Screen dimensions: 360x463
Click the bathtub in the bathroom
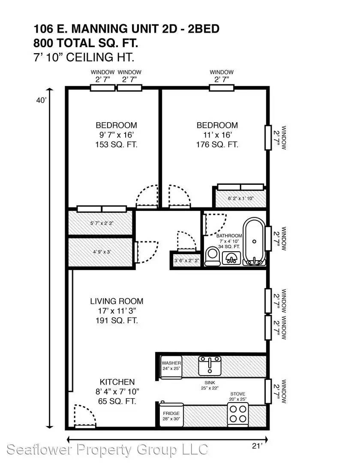pyautogui.click(x=254, y=241)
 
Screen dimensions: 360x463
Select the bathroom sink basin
pyautogui.click(x=231, y=258)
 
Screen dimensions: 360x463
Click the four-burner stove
pyautogui.click(x=238, y=414)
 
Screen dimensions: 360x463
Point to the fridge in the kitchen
pyautogui.click(x=171, y=415)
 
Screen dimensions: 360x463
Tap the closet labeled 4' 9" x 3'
pyautogui.click(x=100, y=252)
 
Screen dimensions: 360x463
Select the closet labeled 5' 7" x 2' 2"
pyautogui.click(x=100, y=223)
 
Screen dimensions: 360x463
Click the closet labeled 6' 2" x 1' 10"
pyautogui.click(x=240, y=198)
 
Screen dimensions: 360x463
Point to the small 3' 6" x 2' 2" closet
pyautogui.click(x=187, y=261)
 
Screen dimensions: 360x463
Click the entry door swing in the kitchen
pyautogui.click(x=85, y=416)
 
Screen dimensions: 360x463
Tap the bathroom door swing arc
pyautogui.click(x=216, y=224)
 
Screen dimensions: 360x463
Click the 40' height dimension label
pyautogui.click(x=42, y=100)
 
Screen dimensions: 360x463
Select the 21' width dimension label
pyautogui.click(x=257, y=446)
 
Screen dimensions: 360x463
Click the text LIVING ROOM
pyautogui.click(x=117, y=301)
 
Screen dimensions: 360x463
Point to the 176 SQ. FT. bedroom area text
pyautogui.click(x=217, y=145)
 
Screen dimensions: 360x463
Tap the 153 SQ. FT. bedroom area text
pyautogui.click(x=116, y=145)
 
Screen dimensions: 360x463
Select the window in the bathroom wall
pyautogui.click(x=268, y=239)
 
